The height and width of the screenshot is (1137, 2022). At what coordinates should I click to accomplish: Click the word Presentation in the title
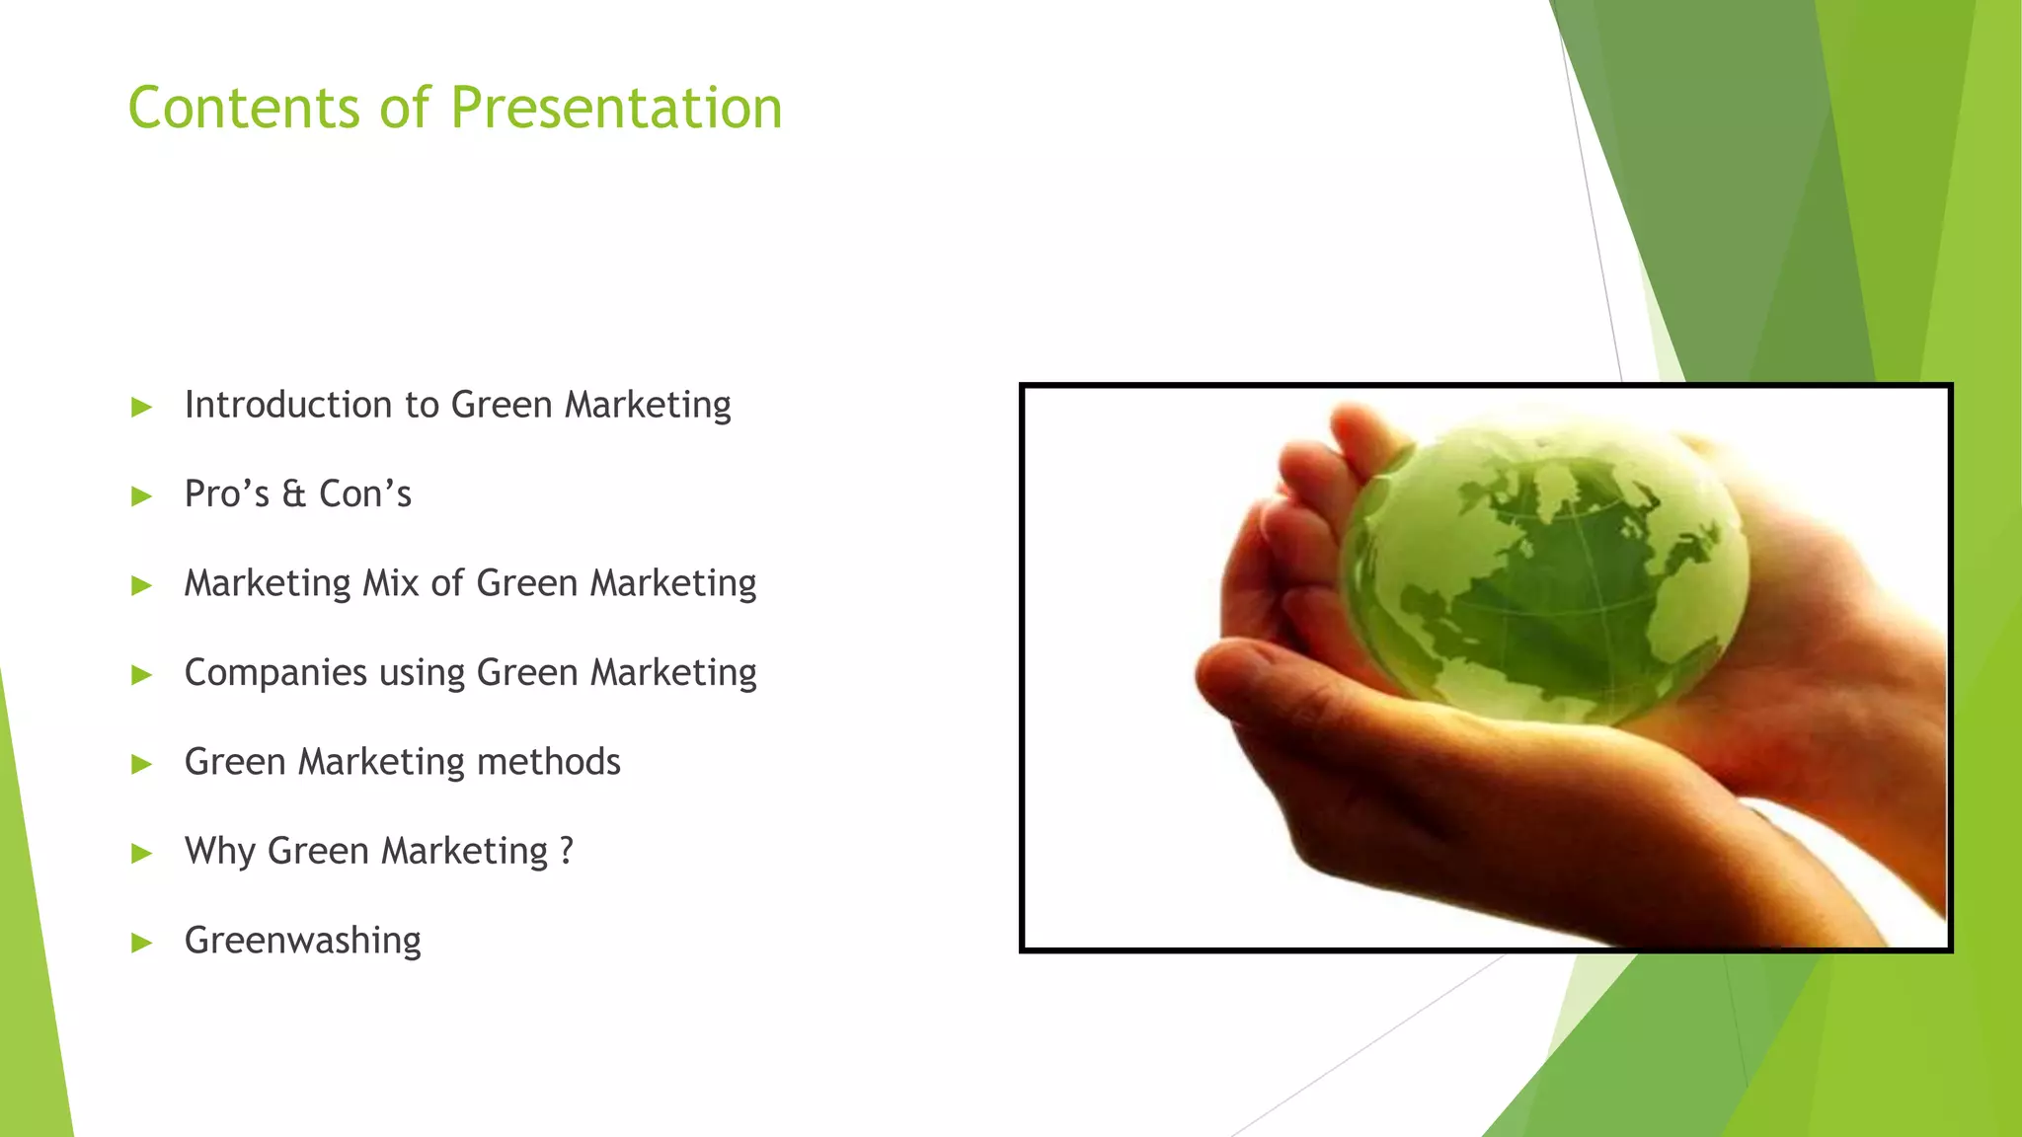pos(617,108)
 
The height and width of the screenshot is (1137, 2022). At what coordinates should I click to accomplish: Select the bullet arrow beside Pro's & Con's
pos(142,496)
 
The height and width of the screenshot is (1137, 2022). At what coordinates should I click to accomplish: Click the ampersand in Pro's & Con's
pos(294,494)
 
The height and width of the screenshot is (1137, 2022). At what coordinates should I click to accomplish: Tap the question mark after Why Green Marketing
pos(566,851)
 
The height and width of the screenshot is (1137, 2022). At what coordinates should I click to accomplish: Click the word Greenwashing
pos(302,941)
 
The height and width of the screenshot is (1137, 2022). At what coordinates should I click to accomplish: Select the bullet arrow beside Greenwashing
pos(142,943)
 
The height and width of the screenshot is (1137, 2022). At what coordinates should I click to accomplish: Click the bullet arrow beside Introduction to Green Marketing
pos(142,408)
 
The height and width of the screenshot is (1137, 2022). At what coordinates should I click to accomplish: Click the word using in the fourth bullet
pos(422,674)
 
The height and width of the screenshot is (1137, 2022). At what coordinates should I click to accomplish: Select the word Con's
pos(364,494)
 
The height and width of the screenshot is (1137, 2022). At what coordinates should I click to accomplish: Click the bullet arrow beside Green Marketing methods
pos(142,764)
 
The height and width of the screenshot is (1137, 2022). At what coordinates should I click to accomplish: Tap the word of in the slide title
pos(406,108)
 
